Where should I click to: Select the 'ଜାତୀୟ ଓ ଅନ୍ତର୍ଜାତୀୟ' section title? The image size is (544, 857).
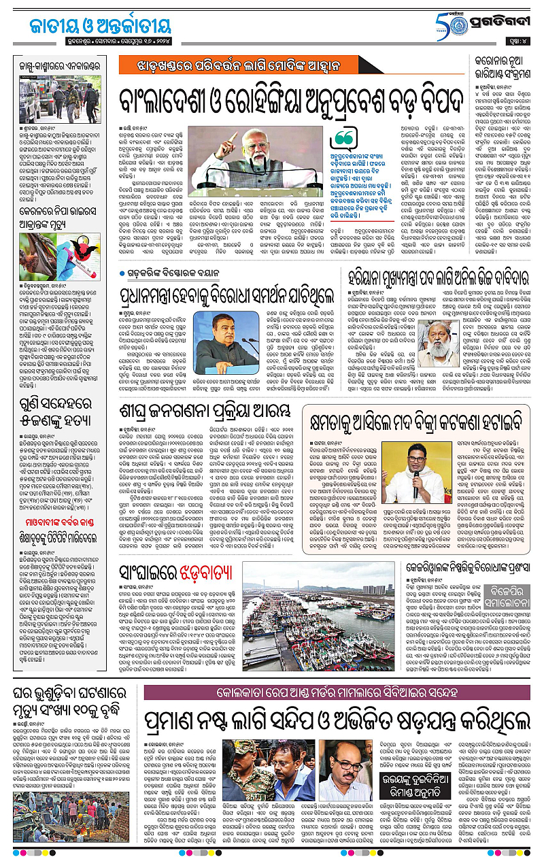pyautogui.click(x=90, y=26)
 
